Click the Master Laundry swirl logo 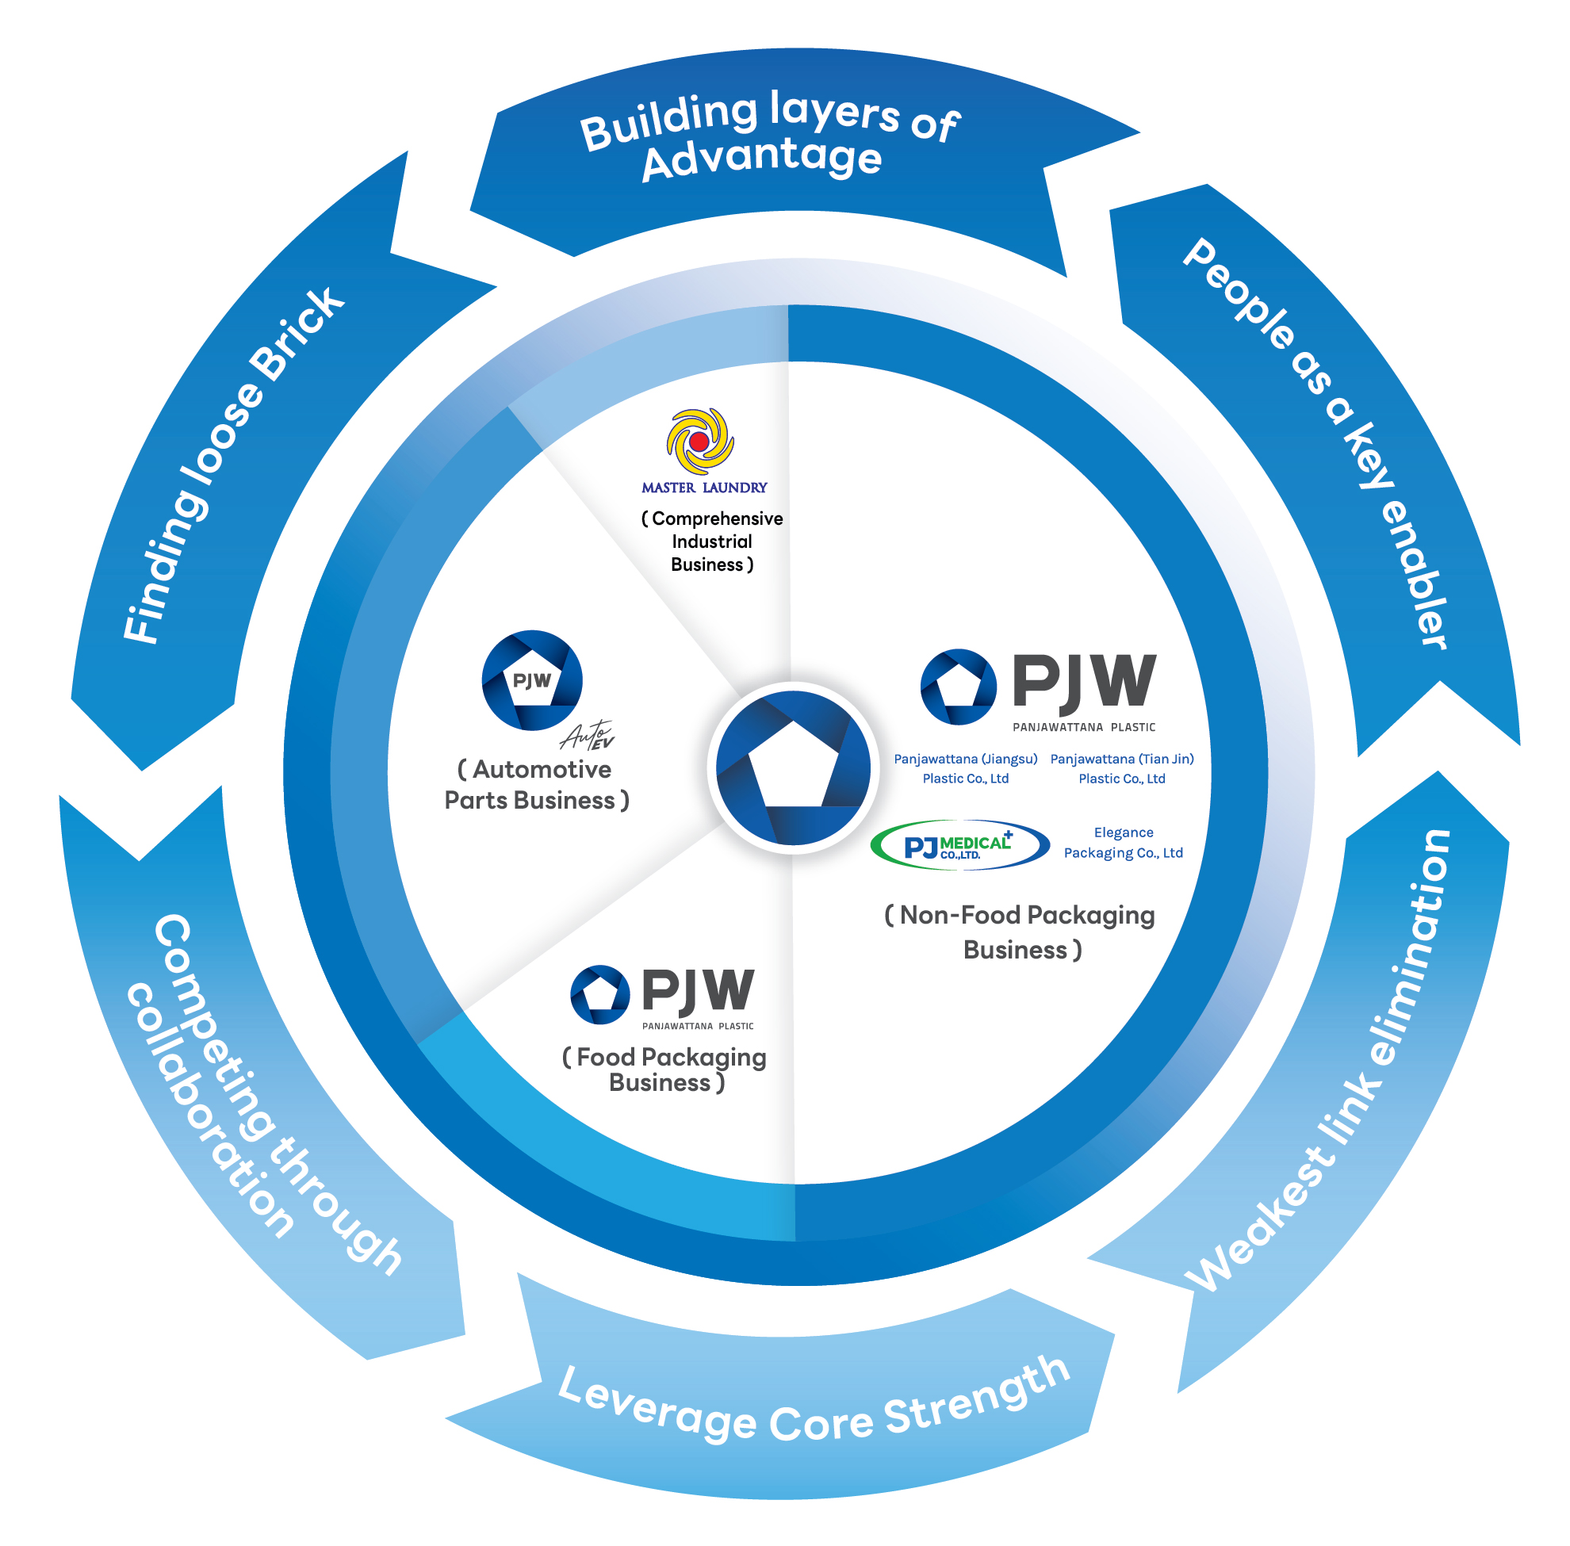pyautogui.click(x=699, y=441)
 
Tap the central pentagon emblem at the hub pyautogui.click(x=793, y=767)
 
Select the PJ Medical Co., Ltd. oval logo pyautogui.click(x=959, y=845)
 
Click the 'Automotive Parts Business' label pyautogui.click(x=536, y=784)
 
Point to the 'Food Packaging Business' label pyautogui.click(x=664, y=1070)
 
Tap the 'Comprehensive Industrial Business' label pyautogui.click(x=711, y=541)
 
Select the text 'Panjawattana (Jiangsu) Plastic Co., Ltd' pyautogui.click(x=965, y=768)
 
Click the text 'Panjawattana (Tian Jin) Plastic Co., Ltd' pyautogui.click(x=1121, y=768)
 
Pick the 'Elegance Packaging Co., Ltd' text pyautogui.click(x=1123, y=842)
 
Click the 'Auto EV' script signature pyautogui.click(x=587, y=736)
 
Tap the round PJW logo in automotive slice pyautogui.click(x=532, y=679)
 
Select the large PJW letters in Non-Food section pyautogui.click(x=1083, y=681)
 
